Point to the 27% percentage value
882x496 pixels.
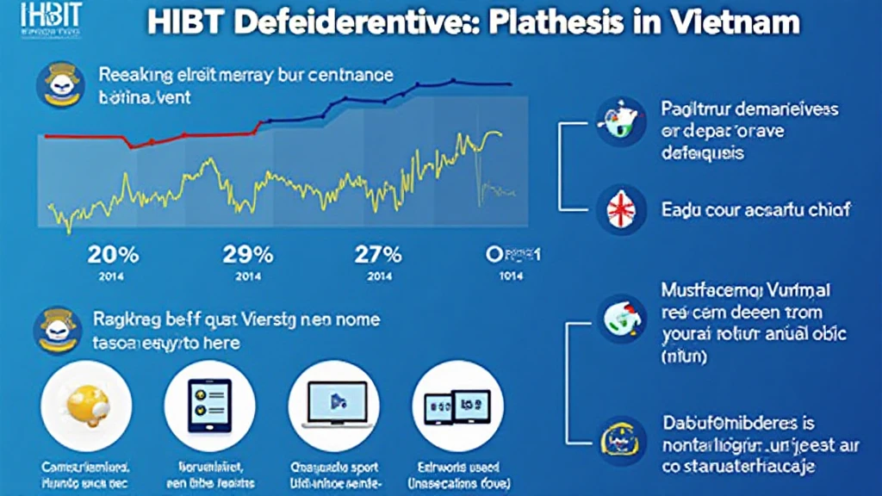click(x=378, y=255)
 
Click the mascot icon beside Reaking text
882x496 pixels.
click(x=58, y=84)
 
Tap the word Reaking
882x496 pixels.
click(x=132, y=75)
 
